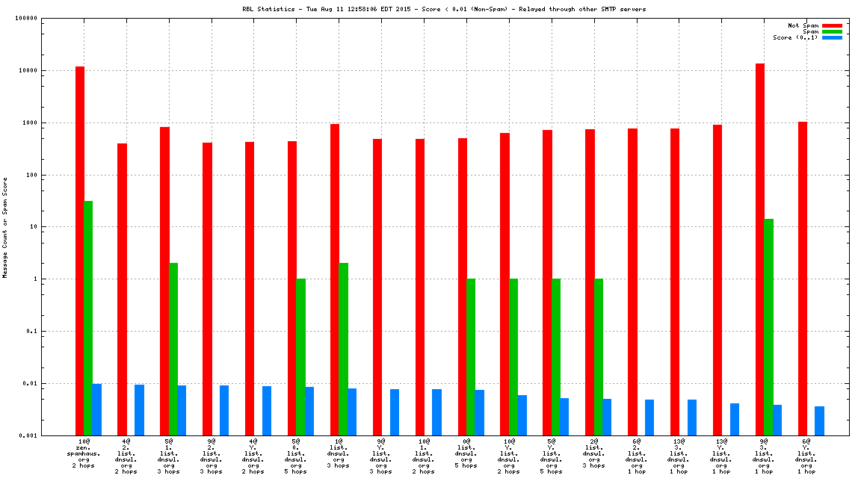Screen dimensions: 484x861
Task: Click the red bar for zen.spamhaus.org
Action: tap(80, 250)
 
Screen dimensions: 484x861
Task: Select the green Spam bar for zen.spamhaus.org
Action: tap(88, 317)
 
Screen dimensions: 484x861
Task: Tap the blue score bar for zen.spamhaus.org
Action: tap(97, 409)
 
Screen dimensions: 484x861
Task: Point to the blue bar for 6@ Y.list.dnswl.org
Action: tap(819, 421)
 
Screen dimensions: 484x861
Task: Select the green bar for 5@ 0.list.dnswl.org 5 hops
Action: tap(300, 356)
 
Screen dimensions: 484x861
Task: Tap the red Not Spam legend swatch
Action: tap(832, 25)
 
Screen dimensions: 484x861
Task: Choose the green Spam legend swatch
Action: tap(832, 31)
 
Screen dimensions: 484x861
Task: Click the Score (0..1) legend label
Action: tap(796, 37)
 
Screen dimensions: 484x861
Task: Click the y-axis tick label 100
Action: tap(31, 175)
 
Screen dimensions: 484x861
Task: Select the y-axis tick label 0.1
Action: tap(31, 332)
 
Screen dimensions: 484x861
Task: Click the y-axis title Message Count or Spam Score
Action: tap(5, 227)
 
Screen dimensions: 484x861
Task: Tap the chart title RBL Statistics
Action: tap(444, 9)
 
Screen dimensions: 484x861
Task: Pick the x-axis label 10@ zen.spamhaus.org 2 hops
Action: tap(84, 456)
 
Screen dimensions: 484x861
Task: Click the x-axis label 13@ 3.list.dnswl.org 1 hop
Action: tap(679, 456)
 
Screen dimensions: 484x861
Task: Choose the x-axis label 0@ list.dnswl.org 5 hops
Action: tap(466, 453)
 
